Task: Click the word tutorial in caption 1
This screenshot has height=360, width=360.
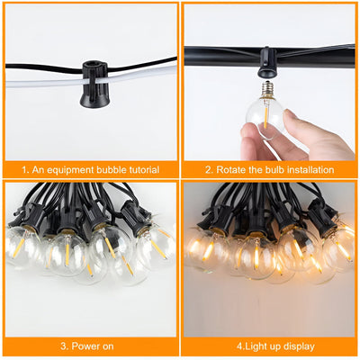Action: (139, 169)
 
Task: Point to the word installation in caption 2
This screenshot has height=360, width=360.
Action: (306, 169)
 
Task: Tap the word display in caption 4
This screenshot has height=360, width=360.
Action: (298, 345)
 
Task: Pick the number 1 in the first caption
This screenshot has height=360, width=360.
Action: (23, 169)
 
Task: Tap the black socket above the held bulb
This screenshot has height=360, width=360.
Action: (265, 65)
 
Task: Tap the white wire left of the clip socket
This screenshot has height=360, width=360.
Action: (40, 83)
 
